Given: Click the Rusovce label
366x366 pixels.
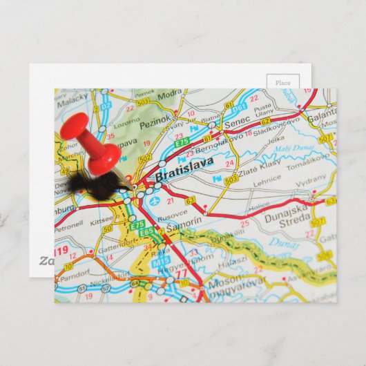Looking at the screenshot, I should click(172, 213).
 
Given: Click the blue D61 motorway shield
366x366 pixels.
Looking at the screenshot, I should click(239, 108).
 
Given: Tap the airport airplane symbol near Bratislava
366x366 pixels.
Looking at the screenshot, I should click(153, 200).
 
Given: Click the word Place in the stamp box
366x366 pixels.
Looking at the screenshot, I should click(283, 83).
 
